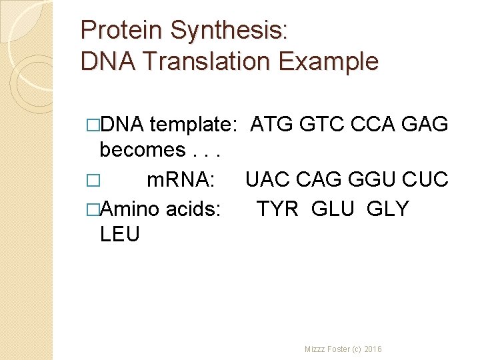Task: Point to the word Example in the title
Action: [329, 61]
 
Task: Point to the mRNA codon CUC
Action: [425, 180]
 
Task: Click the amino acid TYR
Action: [278, 209]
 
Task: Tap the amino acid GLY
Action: [387, 209]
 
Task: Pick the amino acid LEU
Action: [119, 234]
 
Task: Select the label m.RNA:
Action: [180, 180]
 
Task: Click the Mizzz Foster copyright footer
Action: [343, 349]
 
